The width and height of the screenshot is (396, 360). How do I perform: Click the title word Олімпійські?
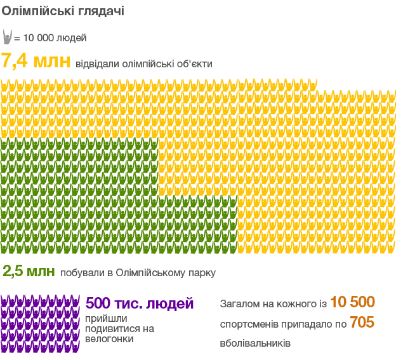35,11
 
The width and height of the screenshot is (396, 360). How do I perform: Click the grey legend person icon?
7,37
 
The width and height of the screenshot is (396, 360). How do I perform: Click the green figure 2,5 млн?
29,272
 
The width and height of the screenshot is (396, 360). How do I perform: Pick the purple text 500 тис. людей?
140,303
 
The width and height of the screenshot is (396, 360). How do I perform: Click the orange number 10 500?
352,302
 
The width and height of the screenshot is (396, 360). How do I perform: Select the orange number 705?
362,323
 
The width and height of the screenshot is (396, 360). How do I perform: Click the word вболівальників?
256,343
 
